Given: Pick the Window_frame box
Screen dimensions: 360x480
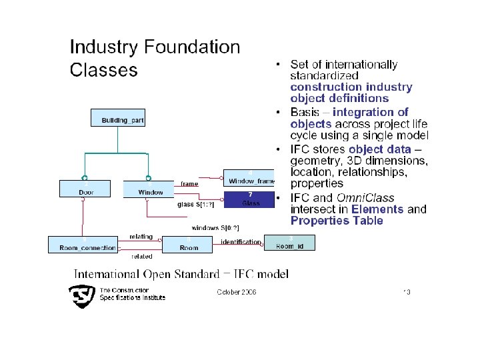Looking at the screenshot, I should point(249,179).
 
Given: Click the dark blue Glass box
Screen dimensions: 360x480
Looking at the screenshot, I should point(249,199).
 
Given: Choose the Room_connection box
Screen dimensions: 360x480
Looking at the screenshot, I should point(82,245).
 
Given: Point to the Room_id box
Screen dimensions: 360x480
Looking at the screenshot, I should point(290,243).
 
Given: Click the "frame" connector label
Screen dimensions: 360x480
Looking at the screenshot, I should point(189,183).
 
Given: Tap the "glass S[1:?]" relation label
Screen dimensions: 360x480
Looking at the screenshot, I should point(195,205).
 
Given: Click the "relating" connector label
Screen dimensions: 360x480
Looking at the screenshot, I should point(141,237).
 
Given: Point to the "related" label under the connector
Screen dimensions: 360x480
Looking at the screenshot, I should point(141,256).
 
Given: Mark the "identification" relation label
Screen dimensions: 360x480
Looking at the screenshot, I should point(241,241).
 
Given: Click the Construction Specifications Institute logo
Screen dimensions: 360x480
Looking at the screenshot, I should point(83,295).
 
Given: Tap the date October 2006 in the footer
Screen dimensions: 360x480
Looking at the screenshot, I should point(237,292).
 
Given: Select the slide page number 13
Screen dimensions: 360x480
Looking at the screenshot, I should point(406,292).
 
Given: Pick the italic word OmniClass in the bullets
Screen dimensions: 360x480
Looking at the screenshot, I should point(365,198).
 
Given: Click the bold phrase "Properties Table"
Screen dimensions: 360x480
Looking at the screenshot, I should point(337,221).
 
